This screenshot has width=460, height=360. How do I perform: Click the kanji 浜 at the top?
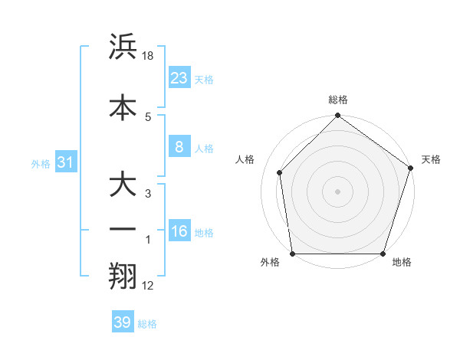123,47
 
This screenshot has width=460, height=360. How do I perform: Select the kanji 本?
123,107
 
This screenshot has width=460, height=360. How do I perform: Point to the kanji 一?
123,229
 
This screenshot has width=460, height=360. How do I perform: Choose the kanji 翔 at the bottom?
123,277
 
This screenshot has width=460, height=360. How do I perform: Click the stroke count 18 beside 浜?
149,56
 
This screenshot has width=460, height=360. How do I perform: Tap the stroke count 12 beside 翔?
148,286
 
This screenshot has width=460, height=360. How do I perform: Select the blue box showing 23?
179,78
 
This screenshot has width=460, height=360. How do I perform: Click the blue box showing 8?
179,147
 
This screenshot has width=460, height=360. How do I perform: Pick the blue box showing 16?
179,231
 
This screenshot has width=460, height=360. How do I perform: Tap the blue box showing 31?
66,162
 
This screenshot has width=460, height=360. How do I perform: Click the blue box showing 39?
122,322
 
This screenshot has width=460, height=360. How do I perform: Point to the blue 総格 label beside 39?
147,324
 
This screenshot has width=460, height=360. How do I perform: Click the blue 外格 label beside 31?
41,163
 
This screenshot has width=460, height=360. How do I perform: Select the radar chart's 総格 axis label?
338,100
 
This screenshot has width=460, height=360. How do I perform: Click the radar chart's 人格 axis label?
245,159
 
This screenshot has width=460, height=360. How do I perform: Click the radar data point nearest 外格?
292,254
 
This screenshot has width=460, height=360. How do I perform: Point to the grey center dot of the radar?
338,191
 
